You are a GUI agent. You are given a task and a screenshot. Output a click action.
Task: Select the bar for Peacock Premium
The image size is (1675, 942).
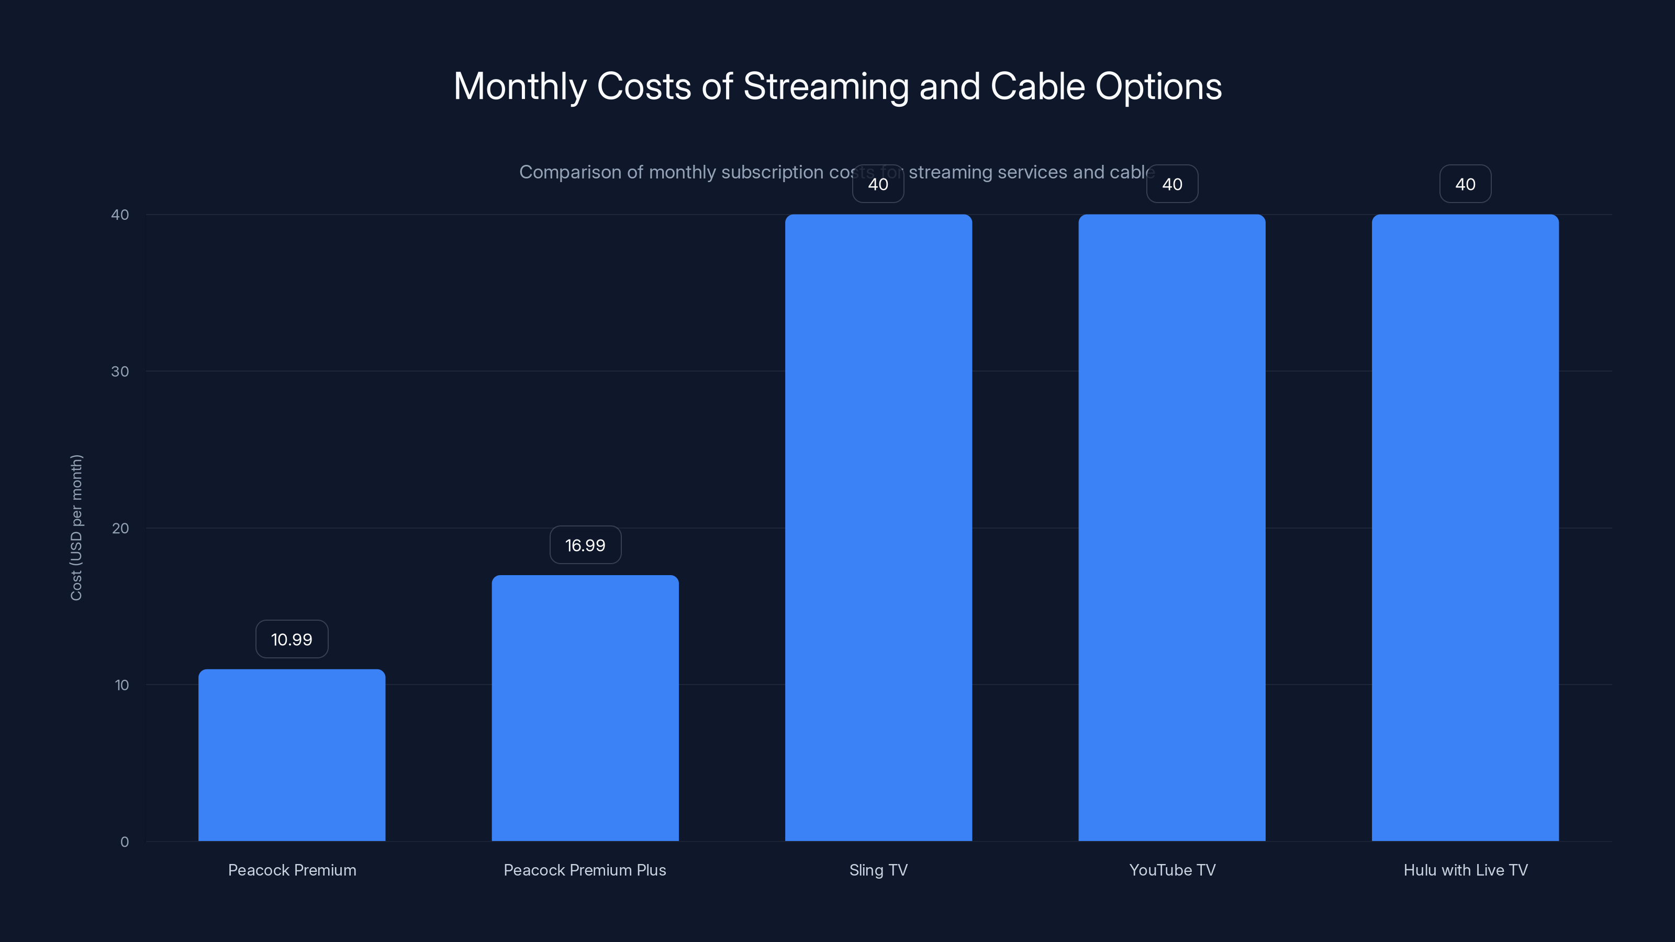[x=292, y=755]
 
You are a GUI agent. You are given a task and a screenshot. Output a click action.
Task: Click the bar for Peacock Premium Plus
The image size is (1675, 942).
[x=585, y=708]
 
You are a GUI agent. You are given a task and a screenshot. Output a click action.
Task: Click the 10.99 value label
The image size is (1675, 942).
[x=292, y=639]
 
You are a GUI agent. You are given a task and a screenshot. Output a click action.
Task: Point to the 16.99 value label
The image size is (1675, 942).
[x=585, y=545]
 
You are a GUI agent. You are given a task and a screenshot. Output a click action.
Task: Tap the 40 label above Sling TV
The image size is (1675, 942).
[x=878, y=184]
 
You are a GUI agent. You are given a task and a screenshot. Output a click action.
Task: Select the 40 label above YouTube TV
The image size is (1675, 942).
[x=1172, y=184]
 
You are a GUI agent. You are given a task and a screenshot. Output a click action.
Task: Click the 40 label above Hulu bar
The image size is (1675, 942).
[x=1465, y=184]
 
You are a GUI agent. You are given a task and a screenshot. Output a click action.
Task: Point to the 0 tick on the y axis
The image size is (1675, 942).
[x=124, y=842]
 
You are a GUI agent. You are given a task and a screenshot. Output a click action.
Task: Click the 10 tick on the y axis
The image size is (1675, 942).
[x=121, y=685]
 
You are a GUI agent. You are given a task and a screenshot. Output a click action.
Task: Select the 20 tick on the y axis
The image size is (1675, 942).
[x=120, y=528]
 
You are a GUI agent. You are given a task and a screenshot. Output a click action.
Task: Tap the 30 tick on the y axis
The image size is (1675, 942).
[x=120, y=371]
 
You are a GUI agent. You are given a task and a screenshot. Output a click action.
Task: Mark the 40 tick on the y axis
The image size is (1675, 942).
[x=120, y=215]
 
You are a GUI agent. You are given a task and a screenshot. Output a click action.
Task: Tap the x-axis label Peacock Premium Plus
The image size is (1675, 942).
[x=585, y=870]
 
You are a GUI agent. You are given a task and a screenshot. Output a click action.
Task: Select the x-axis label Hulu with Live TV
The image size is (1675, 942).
[x=1465, y=870]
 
